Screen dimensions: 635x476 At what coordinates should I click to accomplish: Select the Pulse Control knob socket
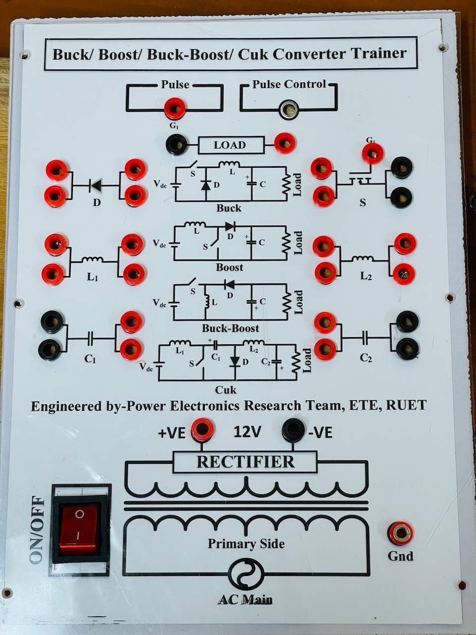click(289, 109)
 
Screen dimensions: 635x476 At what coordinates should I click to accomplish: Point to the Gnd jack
click(400, 533)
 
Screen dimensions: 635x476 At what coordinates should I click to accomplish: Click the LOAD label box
click(230, 145)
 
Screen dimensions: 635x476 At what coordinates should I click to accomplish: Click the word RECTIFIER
click(245, 462)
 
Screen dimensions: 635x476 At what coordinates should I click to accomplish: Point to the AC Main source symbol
click(246, 576)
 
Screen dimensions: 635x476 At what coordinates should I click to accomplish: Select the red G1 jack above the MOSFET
click(372, 152)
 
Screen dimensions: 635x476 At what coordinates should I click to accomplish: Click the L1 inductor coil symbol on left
click(92, 259)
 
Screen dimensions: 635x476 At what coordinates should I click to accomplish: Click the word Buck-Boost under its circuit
click(230, 328)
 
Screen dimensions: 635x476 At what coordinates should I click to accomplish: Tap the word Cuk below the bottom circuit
click(226, 389)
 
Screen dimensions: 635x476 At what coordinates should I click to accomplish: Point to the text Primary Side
click(246, 544)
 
